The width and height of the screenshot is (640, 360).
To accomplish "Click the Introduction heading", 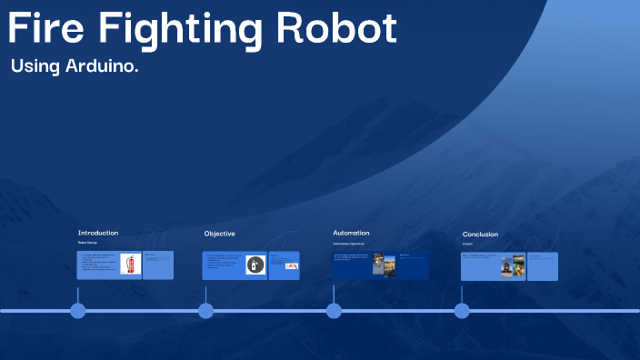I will point(98,233).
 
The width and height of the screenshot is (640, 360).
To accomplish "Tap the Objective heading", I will point(219,234).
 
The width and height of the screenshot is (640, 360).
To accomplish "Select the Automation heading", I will point(351,233).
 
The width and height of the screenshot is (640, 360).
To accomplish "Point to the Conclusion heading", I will point(480,235).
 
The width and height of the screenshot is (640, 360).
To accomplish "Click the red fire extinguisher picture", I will point(130,265).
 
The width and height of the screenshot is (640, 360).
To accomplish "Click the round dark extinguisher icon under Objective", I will point(255,265).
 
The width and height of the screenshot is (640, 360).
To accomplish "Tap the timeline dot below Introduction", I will point(78,311).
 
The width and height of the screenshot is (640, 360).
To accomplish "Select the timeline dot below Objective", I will point(206,311).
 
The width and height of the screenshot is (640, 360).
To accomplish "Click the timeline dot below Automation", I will point(334,311).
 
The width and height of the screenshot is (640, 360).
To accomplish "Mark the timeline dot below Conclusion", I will point(462,311).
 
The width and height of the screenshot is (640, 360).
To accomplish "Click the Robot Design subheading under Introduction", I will point(87,243).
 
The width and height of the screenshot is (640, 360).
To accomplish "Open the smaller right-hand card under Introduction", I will point(158,265).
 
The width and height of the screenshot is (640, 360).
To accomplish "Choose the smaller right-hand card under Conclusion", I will point(543,266).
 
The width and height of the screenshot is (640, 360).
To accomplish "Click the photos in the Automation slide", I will point(384,265).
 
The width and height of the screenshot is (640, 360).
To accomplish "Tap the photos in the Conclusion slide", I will point(513,265).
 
